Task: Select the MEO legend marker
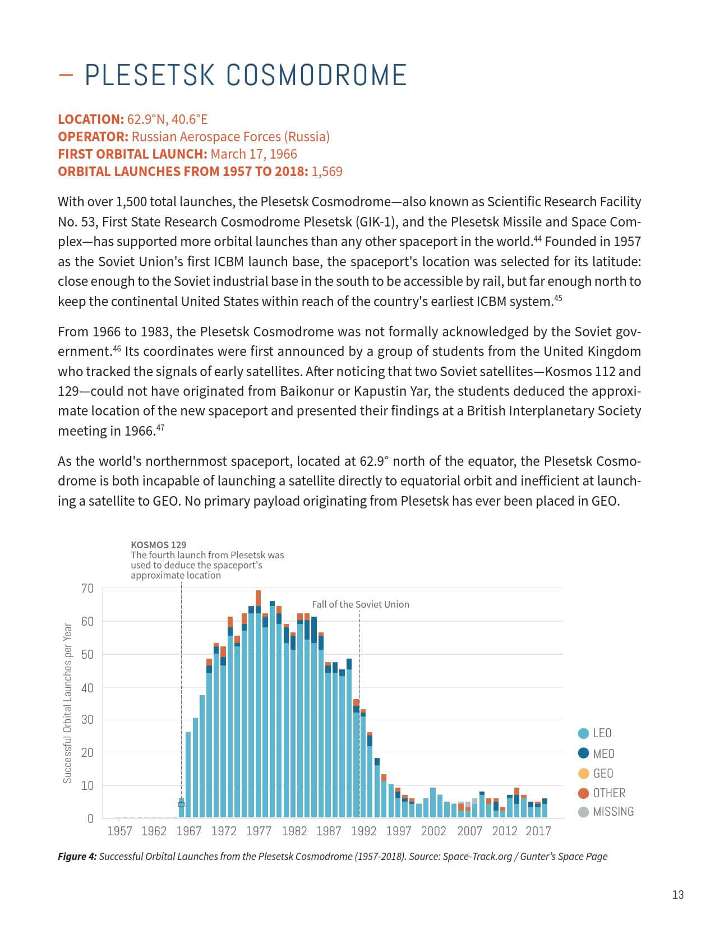pos(583,753)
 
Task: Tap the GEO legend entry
pos(595,774)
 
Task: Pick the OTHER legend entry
pos(601,793)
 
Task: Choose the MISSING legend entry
pos(606,812)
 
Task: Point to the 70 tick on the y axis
pos(87,589)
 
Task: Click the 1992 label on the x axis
pos(363,831)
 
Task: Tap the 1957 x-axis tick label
pos(119,831)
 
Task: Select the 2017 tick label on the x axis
pos(538,831)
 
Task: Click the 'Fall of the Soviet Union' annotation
pos(361,604)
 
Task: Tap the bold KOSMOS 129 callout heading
pos(158,544)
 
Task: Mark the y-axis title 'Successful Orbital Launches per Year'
pos(68,703)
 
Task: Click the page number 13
pos(678,895)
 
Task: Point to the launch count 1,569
pos(327,172)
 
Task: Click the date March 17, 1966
pos(254,154)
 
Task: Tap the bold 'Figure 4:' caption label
pos(77,857)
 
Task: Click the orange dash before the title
pos(66,75)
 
